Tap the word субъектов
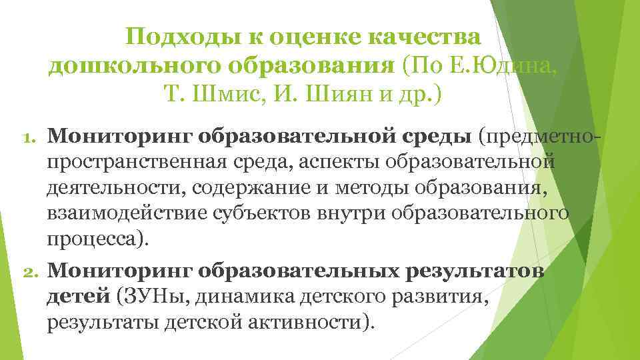[x=249, y=213]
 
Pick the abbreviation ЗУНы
[x=148, y=297]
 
